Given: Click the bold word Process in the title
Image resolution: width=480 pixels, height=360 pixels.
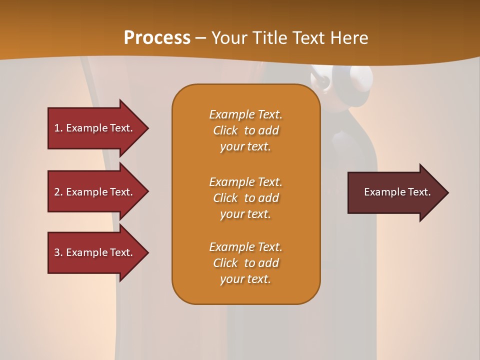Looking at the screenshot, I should pyautogui.click(x=157, y=38).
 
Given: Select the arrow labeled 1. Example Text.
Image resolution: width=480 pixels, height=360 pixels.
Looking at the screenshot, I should pyautogui.click(x=95, y=128).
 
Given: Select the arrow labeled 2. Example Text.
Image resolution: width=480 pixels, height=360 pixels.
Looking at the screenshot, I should pyautogui.click(x=95, y=192).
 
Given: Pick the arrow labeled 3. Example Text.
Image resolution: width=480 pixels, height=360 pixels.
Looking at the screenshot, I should pyautogui.click(x=95, y=252).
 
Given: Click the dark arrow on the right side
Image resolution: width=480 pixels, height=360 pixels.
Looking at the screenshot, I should pyautogui.click(x=395, y=192).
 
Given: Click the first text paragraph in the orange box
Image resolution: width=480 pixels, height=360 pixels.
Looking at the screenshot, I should pyautogui.click(x=246, y=130).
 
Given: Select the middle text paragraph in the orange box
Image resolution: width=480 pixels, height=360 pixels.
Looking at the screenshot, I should pyautogui.click(x=246, y=198).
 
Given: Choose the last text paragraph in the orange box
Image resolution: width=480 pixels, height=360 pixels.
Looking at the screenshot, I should pyautogui.click(x=246, y=263).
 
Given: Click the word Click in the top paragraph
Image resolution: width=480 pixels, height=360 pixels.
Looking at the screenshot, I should pyautogui.click(x=225, y=130).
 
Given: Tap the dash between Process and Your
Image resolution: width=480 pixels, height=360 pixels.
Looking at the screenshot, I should pyautogui.click(x=200, y=38).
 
